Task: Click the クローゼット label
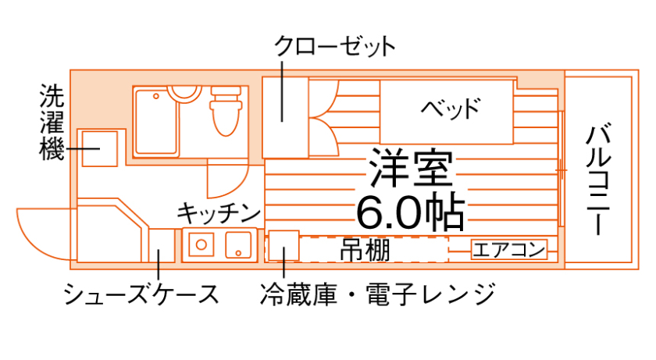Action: point(334,46)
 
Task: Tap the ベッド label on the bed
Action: point(449,107)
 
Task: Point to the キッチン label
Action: point(218,212)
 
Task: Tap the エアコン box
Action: point(508,250)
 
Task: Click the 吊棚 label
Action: point(365,250)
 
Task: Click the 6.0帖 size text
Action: point(410,209)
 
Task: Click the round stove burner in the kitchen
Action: point(201,244)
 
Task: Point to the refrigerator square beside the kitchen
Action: point(283,247)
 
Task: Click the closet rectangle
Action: point(285,117)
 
